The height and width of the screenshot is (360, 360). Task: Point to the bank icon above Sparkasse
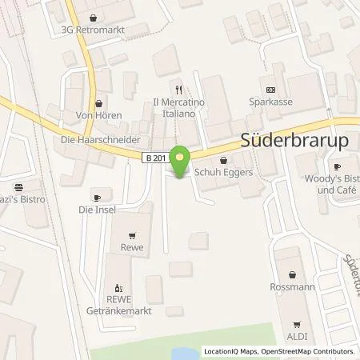pyautogui.click(x=270, y=90)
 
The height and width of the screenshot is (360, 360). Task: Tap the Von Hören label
pyautogui.click(x=99, y=116)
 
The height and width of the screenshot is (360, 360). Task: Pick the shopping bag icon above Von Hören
pyautogui.click(x=99, y=102)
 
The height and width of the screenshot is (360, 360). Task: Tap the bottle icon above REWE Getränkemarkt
pyautogui.click(x=119, y=287)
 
